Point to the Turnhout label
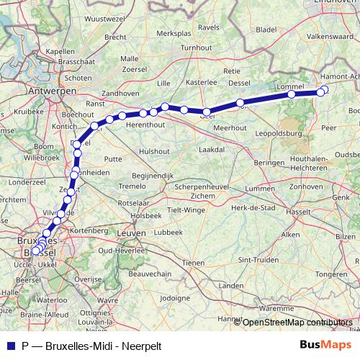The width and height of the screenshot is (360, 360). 196,48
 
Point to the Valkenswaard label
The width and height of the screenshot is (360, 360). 329,35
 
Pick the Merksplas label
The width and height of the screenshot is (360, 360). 174,33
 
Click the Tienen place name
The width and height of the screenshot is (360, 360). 193,263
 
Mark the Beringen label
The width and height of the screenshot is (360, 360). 269,163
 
